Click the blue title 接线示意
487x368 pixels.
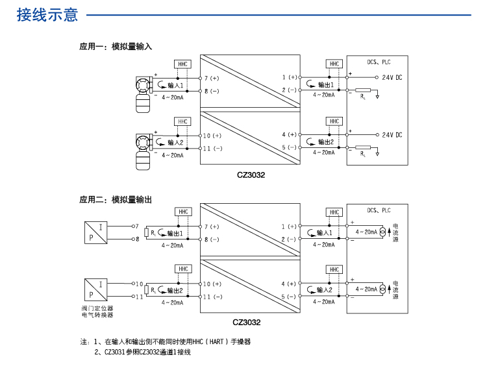pos(47,16)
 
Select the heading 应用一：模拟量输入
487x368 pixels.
pos(116,47)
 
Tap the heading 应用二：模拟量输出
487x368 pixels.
pos(116,200)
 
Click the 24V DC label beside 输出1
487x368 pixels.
pos(392,78)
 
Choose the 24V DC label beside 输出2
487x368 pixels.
pos(392,135)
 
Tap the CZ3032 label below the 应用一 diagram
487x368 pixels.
pos(251,174)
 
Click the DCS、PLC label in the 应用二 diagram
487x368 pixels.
pos(379,210)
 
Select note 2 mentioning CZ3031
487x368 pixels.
pos(142,352)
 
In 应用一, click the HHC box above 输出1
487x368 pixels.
pos(334,64)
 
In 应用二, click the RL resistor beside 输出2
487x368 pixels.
pos(147,290)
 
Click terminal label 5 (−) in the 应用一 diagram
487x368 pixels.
pos(289,148)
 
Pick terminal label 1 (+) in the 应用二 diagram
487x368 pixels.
pos(289,227)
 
